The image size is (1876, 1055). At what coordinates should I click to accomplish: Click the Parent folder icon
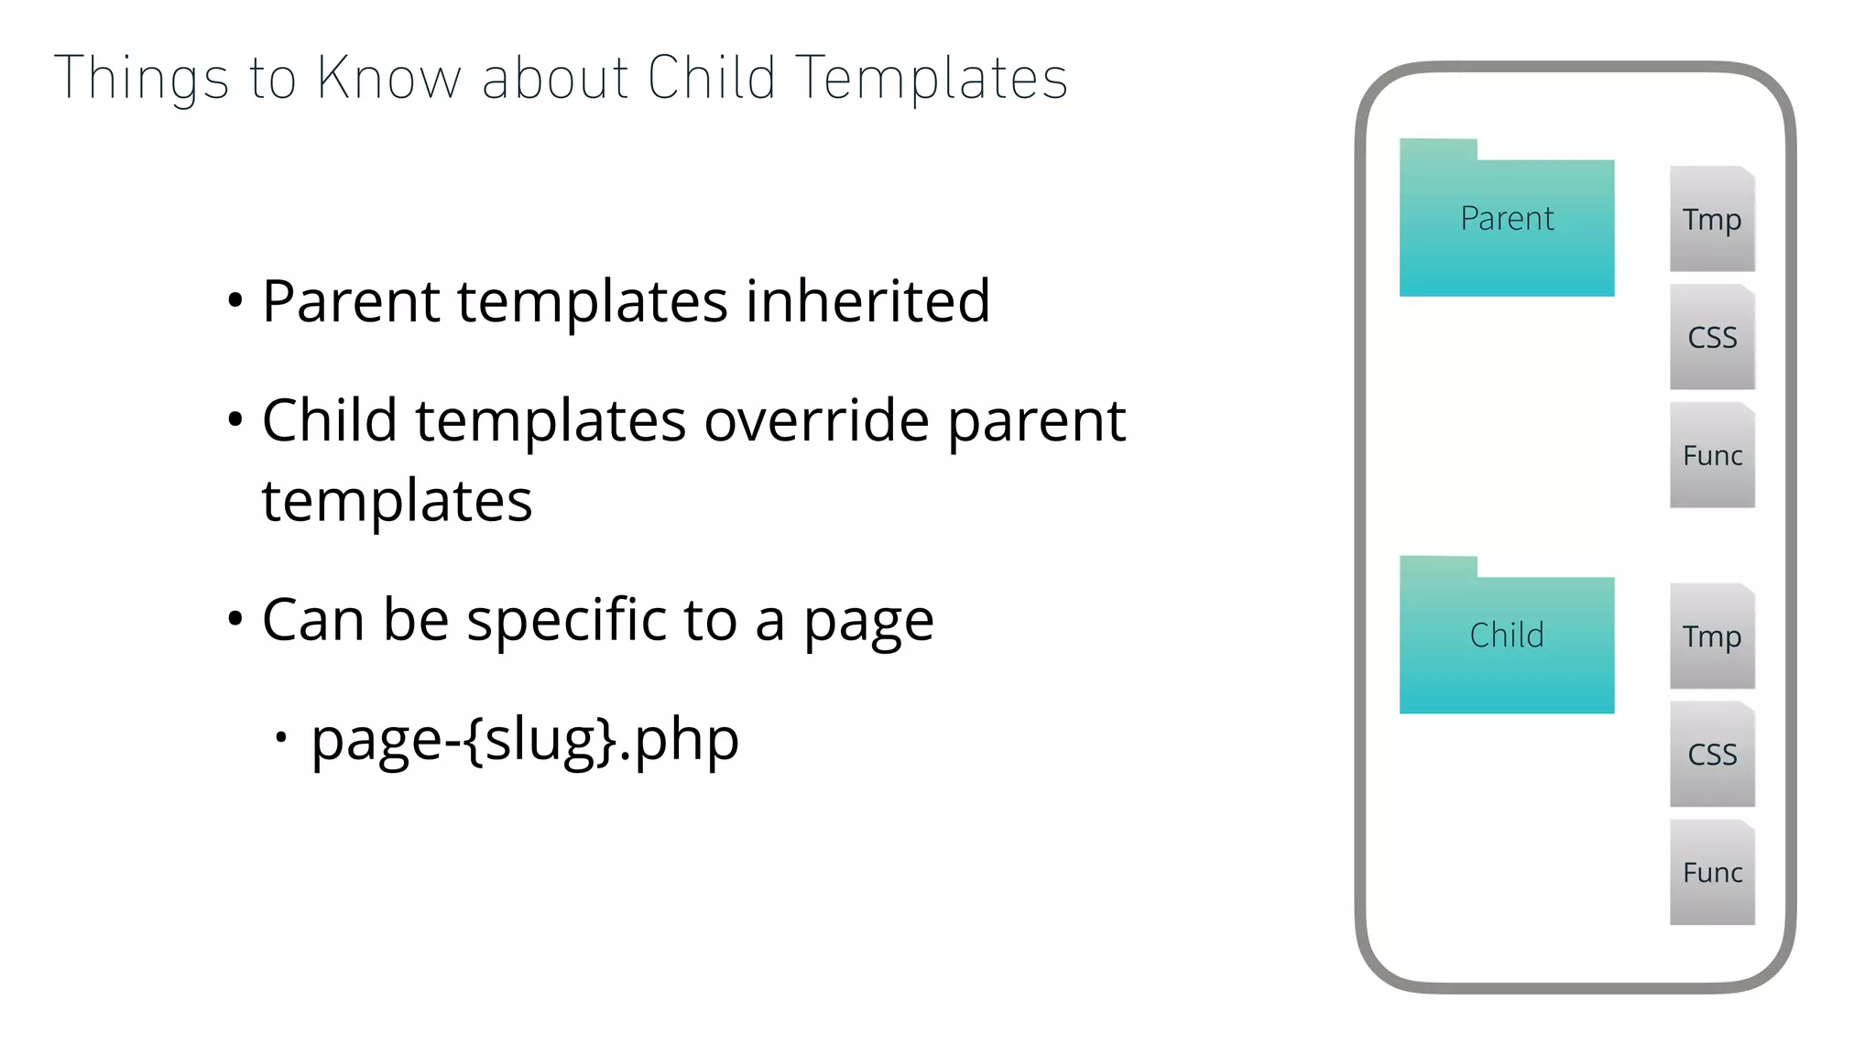1506,220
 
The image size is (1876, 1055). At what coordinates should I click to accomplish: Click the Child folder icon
1506,636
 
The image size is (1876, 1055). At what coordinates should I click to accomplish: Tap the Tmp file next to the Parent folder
1711,219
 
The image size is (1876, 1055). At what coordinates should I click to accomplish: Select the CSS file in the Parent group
1711,337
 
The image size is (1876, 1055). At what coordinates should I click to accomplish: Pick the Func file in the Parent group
1711,455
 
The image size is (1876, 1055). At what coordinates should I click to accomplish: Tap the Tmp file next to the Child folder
1711,636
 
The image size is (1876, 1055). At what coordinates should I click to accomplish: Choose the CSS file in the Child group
1711,754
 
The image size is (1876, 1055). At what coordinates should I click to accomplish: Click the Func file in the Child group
1711,872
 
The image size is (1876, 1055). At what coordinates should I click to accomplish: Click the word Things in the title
141,79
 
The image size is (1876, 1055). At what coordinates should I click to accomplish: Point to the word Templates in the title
931,79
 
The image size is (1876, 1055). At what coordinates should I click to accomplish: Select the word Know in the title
388,79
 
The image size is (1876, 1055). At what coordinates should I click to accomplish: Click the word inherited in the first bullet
867,301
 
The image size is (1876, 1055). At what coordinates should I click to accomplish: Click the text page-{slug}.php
524,740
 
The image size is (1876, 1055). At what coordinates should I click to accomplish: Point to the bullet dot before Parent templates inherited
235,300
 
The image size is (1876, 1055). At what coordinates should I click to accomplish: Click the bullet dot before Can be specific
235,619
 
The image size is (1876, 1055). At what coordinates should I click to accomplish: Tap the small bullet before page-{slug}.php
281,736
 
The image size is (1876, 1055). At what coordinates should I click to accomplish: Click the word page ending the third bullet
867,623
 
